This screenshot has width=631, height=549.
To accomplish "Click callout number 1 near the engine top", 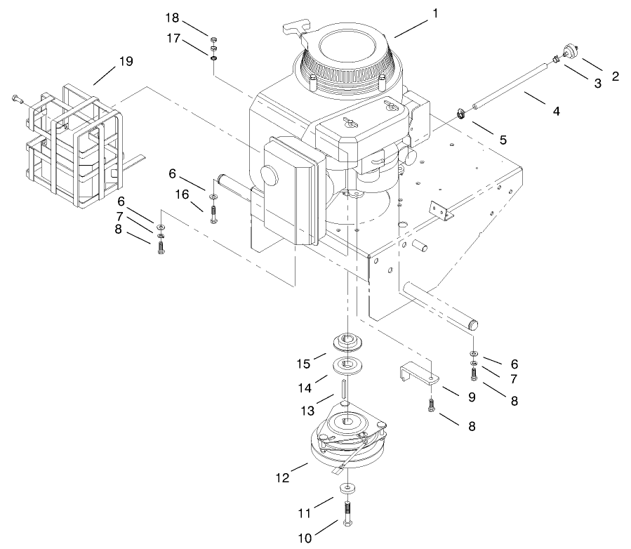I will coord(436,13).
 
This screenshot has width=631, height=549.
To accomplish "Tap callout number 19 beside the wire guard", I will coord(126,61).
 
